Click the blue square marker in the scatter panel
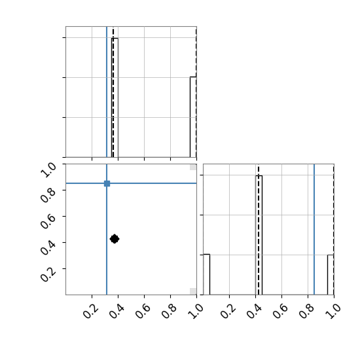pyautogui.click(x=107, y=183)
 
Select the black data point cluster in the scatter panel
pyautogui.click(x=115, y=239)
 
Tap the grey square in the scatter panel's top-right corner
pyautogui.click(x=193, y=167)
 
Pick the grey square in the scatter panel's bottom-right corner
pyautogui.click(x=193, y=291)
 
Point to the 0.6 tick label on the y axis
pyautogui.click(x=48, y=221)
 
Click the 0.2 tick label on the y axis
pyautogui.click(x=48, y=274)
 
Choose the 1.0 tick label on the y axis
pyautogui.click(x=48, y=170)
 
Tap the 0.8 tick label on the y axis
pyautogui.click(x=48, y=195)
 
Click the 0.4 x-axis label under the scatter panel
pyautogui.click(x=117, y=311)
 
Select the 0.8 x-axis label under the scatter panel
pyautogui.click(x=169, y=311)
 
